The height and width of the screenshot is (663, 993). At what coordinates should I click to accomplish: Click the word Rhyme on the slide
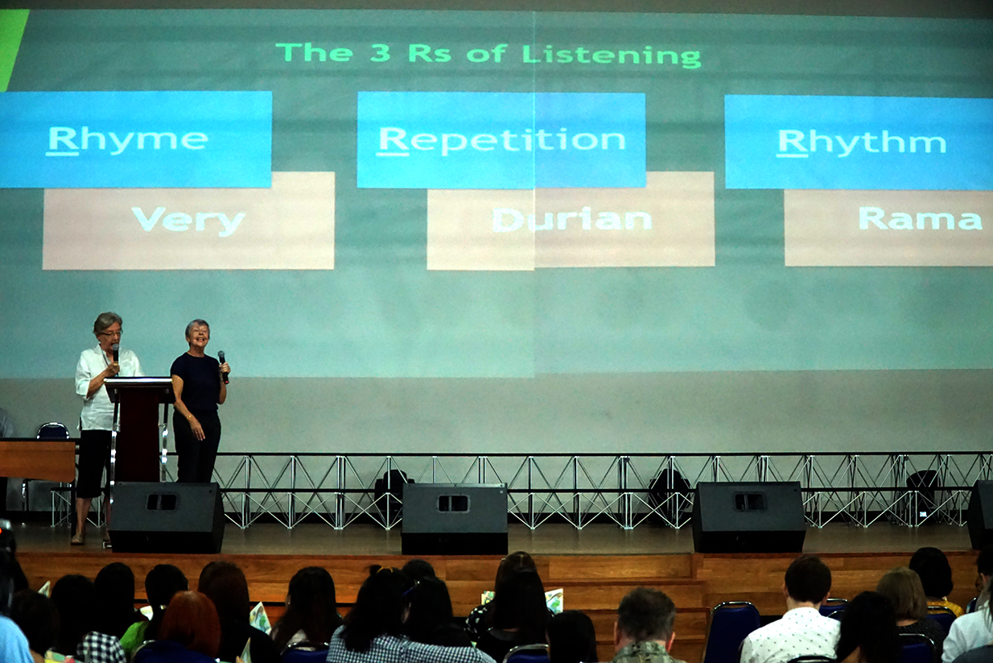point(127,141)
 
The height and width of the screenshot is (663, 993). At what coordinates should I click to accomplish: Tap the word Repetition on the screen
point(501,141)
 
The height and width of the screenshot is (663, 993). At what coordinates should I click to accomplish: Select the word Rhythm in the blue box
point(861,143)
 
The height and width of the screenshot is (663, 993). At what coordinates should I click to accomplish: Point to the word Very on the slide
point(188,221)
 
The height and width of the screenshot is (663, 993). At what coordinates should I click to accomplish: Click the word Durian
point(572,219)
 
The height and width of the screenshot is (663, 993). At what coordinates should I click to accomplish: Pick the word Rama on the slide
point(920,218)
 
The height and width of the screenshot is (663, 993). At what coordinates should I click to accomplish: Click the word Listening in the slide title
point(612,56)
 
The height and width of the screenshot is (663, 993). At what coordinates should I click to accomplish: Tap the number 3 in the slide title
point(381,53)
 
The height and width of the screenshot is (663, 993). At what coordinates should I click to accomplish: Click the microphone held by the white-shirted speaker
point(116,353)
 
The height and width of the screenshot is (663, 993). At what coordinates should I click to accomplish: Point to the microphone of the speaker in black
point(223,367)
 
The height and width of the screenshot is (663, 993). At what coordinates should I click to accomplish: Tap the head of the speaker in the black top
point(197,333)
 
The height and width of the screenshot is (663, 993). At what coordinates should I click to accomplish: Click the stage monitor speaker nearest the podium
point(167,517)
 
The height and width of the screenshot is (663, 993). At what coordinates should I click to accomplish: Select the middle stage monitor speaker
point(455,518)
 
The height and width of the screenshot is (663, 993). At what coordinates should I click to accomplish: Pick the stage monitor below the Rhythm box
point(748,516)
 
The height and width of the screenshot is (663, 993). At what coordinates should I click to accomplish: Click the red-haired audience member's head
point(190,618)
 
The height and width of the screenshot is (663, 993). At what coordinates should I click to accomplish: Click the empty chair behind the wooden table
point(52,430)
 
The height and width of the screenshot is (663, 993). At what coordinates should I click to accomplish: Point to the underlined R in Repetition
point(393,141)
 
